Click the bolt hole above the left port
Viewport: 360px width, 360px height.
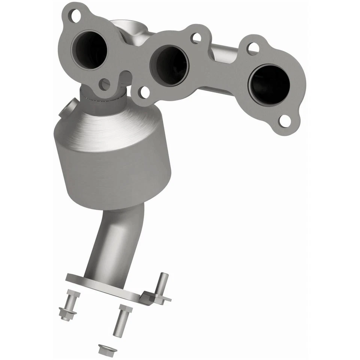76,16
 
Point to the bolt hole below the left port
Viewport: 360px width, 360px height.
105,84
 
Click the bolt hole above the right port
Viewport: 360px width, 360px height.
253,48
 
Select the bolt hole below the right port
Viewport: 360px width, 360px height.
285,120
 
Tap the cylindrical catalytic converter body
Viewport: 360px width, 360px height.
112,161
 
